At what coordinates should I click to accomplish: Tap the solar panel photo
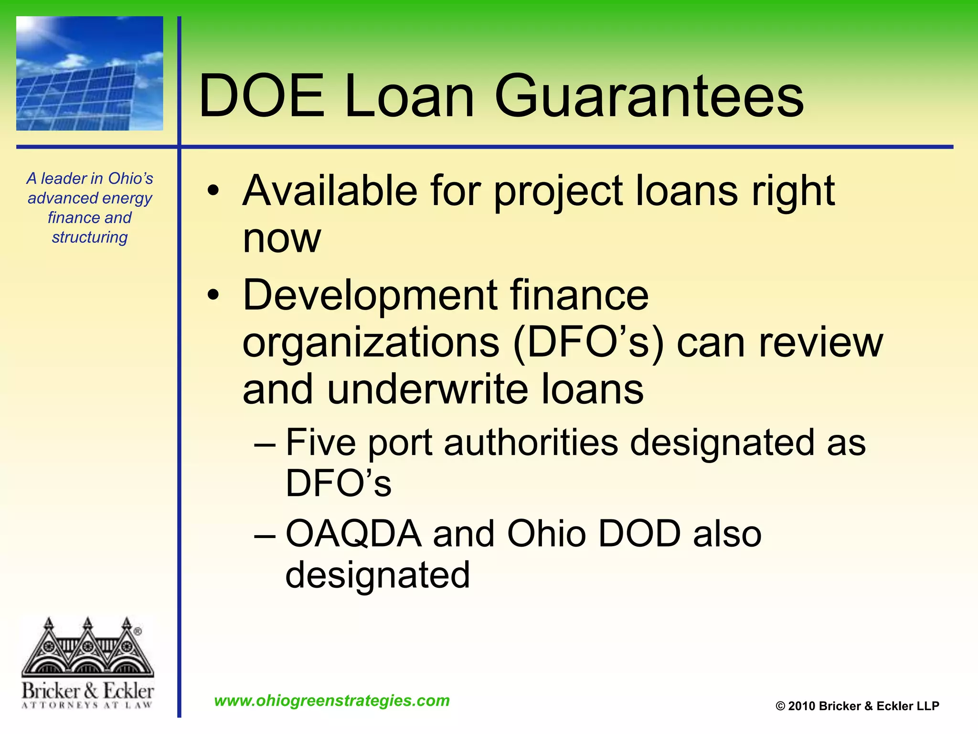click(x=90, y=74)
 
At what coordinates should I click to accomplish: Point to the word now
click(x=282, y=238)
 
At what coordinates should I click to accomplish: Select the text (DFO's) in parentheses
click(x=588, y=343)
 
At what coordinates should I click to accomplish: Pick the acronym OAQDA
click(x=353, y=534)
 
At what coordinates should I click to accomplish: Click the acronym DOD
click(x=639, y=534)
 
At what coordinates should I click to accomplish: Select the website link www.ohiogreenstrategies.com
click(x=332, y=701)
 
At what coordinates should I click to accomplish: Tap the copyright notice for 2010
click(x=857, y=706)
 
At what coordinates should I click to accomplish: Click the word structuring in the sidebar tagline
click(x=90, y=237)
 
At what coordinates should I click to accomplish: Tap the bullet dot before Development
click(x=213, y=295)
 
